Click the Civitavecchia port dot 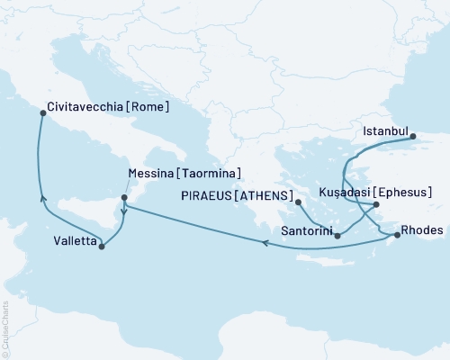pos(41,112)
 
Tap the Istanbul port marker pos(413,137)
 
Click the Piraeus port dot pos(296,203)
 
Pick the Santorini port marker pos(337,236)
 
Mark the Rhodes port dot pos(397,235)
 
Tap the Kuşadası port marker pos(376,205)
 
